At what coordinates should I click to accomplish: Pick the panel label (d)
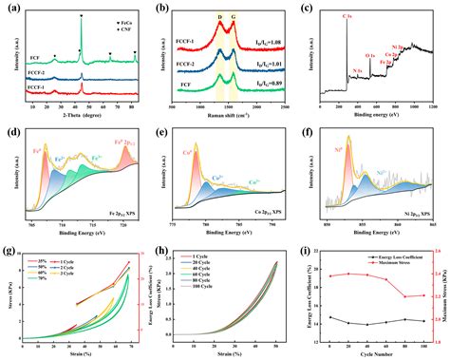(11, 125)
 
